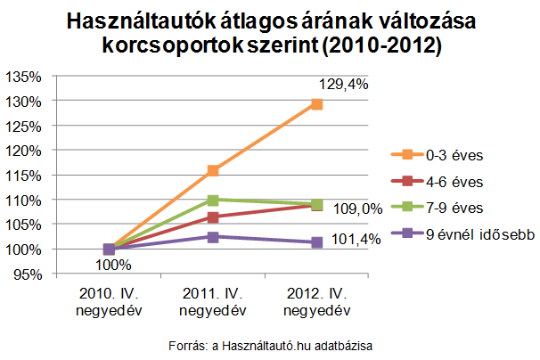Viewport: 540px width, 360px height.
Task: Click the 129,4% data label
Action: click(340, 84)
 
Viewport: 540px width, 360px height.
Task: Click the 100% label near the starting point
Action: click(113, 265)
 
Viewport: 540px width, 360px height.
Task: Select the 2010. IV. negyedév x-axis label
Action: click(109, 302)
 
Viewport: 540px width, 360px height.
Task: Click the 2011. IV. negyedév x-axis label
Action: click(212, 302)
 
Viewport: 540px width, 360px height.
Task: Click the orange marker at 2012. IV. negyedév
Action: click(316, 104)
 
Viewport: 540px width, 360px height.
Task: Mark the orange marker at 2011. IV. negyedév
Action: click(213, 170)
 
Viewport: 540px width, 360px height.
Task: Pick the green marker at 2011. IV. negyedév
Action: click(213, 200)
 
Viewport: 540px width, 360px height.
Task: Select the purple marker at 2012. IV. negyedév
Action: click(316, 242)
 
